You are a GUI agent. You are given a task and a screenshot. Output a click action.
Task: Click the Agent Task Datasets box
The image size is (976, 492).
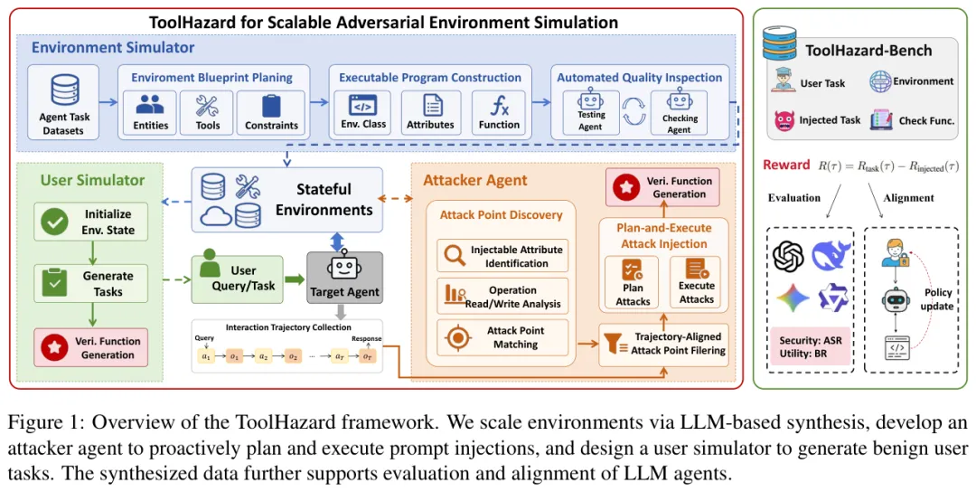[63, 102]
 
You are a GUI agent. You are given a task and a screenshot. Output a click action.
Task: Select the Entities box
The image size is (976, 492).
[150, 113]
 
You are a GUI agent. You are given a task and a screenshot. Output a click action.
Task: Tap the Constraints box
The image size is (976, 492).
[271, 113]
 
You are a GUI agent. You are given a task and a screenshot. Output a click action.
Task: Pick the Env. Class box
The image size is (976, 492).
[363, 113]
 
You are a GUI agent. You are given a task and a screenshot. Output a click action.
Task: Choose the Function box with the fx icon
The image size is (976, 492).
[499, 113]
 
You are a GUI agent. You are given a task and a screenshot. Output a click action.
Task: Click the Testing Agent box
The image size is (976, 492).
[590, 112]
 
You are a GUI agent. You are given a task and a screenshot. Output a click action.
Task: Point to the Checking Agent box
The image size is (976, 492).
[679, 112]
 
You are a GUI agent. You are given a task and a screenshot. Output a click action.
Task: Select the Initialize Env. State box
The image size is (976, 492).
[91, 222]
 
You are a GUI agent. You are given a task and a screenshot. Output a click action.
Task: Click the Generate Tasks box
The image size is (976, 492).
[91, 283]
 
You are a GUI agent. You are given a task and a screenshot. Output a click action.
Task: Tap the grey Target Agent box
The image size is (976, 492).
[345, 278]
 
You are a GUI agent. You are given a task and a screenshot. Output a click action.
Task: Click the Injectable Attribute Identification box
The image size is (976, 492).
[503, 256]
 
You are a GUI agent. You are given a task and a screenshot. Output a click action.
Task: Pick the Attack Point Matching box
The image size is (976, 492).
[503, 337]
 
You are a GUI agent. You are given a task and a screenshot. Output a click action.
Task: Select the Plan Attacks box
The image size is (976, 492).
[633, 283]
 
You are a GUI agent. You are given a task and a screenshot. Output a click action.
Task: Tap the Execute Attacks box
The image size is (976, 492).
[695, 283]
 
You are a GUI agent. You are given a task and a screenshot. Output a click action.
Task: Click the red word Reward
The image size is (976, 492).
[786, 165]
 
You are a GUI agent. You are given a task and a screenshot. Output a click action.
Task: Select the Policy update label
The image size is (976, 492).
[937, 299]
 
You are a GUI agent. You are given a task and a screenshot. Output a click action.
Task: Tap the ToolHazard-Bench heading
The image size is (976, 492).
[869, 51]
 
